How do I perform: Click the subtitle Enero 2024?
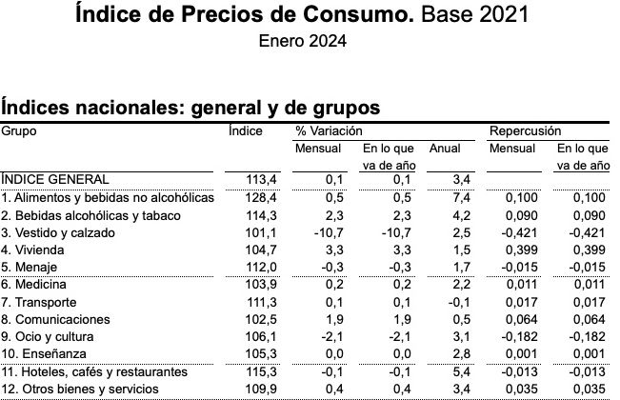302,41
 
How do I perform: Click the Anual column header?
444,149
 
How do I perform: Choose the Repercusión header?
525,130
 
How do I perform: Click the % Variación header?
329,130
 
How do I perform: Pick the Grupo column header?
19,130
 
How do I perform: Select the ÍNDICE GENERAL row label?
55,179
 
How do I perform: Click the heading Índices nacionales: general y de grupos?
190,106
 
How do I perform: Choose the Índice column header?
246,130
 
